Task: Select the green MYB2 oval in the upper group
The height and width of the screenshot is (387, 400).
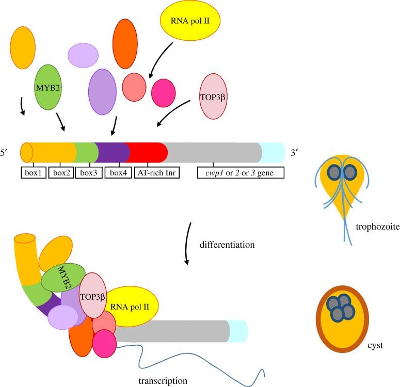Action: (x=48, y=87)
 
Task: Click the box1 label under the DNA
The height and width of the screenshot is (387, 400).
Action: (x=34, y=172)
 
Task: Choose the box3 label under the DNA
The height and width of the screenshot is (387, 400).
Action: (x=88, y=172)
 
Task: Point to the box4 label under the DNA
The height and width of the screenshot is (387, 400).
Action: (x=118, y=172)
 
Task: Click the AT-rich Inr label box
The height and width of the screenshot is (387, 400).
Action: (x=157, y=172)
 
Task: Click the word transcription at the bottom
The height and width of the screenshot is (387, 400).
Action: (x=163, y=380)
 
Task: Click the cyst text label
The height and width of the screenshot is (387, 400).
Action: (x=375, y=345)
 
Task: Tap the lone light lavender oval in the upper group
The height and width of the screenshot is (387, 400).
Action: (x=83, y=55)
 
